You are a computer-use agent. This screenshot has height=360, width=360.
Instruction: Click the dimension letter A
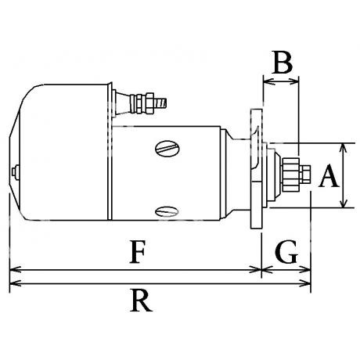coord(329,176)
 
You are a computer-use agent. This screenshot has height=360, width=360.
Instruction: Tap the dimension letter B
coord(282,63)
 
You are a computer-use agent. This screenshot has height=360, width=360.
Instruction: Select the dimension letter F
coord(137,252)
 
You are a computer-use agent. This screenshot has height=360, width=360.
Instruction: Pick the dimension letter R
coord(141,301)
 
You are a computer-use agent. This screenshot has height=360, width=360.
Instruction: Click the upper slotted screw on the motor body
coord(167,149)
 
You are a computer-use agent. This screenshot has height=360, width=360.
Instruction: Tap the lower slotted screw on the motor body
coord(167,211)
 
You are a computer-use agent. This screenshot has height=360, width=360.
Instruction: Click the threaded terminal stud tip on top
coord(162,103)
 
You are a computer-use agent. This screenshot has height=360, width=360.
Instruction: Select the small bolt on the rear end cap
coord(15,171)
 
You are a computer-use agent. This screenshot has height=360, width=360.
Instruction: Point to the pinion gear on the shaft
coord(290,174)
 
